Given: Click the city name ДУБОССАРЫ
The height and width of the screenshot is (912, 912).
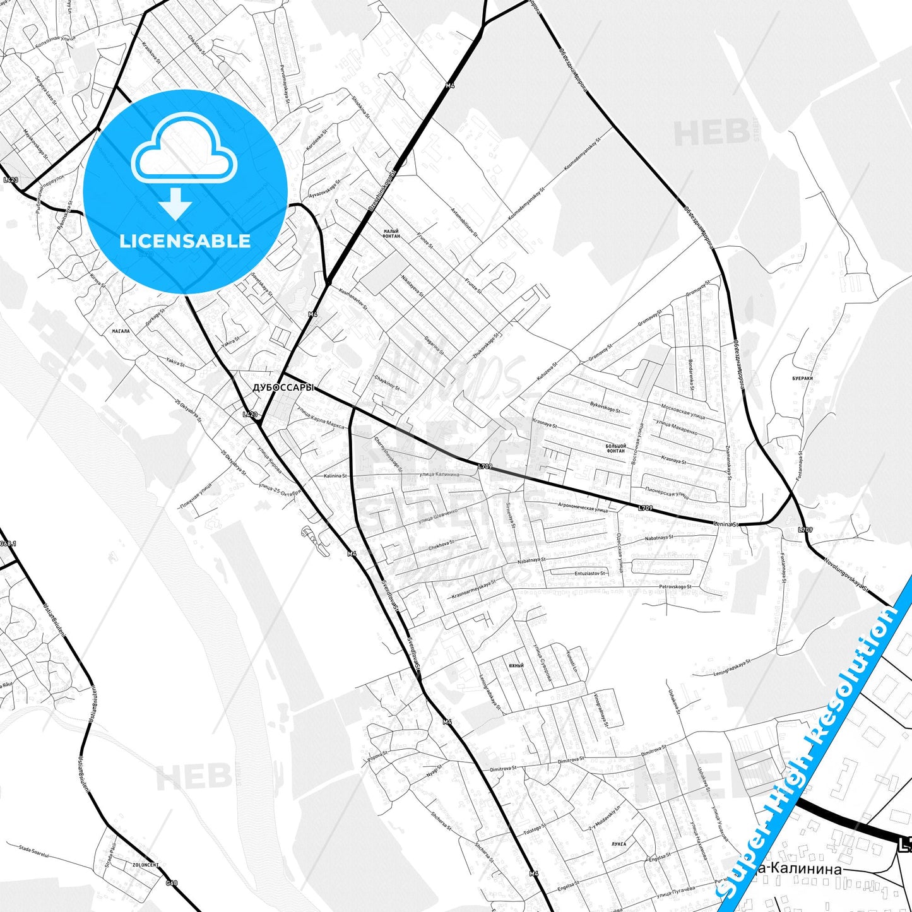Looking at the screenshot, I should tap(283, 388).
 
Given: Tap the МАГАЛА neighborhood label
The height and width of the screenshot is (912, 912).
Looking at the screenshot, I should tap(121, 331).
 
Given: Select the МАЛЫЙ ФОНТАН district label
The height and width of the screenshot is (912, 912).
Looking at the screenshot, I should tap(391, 234).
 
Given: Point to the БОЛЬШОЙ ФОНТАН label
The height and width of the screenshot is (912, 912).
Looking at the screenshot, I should tap(615, 449).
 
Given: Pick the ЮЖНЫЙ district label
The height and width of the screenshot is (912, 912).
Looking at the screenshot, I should tap(516, 666).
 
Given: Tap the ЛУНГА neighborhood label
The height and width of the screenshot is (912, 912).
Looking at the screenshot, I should tap(619, 844).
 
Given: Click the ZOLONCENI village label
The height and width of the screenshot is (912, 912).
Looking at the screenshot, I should tap(146, 865).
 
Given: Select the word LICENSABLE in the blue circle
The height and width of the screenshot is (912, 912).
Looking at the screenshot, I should tap(185, 241).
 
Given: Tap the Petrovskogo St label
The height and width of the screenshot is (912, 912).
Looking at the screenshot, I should tap(675, 587).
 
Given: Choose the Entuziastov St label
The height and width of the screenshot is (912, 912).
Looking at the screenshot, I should tap(590, 573).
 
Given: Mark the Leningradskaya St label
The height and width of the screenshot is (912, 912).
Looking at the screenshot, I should tap(732, 668).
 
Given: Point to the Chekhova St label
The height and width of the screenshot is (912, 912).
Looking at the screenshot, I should tap(441, 545).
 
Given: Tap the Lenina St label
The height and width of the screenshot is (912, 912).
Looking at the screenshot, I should tap(725, 524).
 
